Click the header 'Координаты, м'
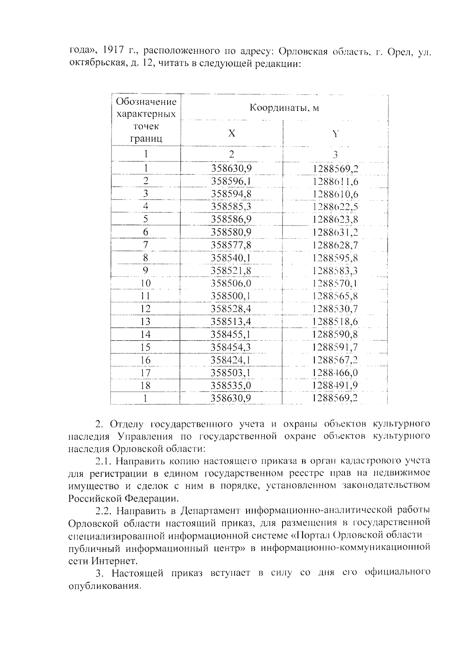pyautogui.click(x=284, y=108)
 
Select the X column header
pyautogui.click(x=232, y=133)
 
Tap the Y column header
pyautogui.click(x=335, y=133)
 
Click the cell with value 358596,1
pyautogui.click(x=231, y=181)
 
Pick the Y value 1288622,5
pyautogui.click(x=335, y=207)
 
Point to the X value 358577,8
pyautogui.click(x=231, y=245)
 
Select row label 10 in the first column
pyautogui.click(x=146, y=283)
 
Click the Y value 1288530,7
pyautogui.click(x=335, y=309)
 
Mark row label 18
pyautogui.click(x=146, y=386)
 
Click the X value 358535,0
pyautogui.click(x=231, y=386)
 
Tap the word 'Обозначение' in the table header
pyautogui.click(x=146, y=102)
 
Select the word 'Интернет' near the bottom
pyautogui.click(x=114, y=561)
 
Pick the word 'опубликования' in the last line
pyautogui.click(x=103, y=586)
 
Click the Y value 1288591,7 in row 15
pyautogui.click(x=335, y=347)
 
